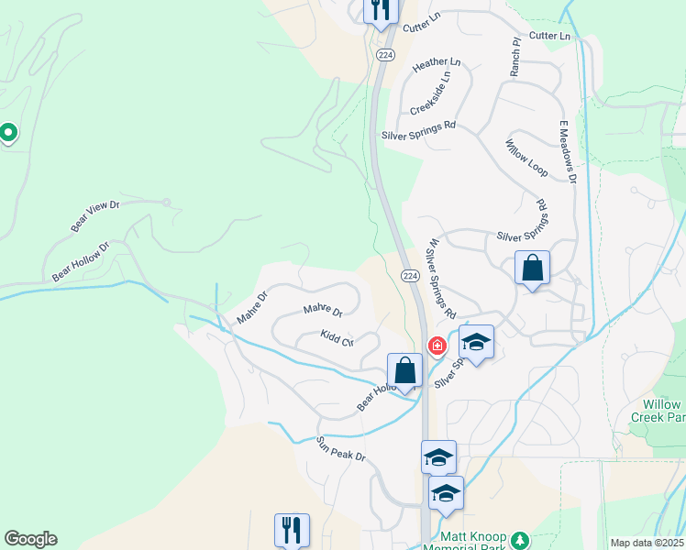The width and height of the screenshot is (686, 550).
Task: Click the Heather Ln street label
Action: point(437,66)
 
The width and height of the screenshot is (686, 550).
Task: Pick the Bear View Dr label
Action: point(95,215)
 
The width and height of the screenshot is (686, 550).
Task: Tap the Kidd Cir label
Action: point(337,339)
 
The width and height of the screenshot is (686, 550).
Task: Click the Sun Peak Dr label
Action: point(341,448)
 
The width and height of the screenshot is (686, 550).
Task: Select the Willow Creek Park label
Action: point(657,410)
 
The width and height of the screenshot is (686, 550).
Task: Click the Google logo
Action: point(30,539)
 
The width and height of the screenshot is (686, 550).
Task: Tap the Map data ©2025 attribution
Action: point(646,543)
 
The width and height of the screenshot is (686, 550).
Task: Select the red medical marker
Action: point(437,346)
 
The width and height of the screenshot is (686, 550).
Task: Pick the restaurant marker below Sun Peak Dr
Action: point(292,529)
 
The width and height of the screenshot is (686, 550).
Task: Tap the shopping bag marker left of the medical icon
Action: point(404,371)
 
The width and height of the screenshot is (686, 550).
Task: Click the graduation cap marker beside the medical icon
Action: point(476,342)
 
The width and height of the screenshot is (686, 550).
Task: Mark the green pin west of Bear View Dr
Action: point(8,134)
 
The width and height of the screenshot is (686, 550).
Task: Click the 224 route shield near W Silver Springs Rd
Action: point(410,276)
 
